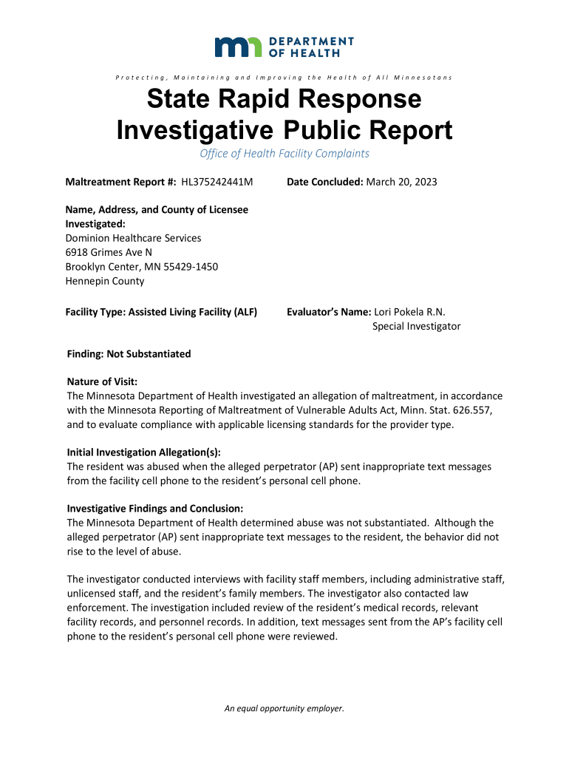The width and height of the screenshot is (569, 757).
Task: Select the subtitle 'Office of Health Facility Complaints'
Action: [x=284, y=154]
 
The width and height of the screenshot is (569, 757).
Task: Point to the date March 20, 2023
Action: [x=402, y=182]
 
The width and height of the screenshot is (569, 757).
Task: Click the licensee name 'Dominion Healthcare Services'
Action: [x=133, y=238]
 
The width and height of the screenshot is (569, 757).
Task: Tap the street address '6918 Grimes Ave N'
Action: [x=109, y=252]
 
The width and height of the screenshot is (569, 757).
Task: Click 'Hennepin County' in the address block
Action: [x=105, y=281]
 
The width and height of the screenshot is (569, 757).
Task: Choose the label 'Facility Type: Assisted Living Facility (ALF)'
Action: [x=161, y=312]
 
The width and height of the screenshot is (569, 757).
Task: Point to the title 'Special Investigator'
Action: [x=416, y=326]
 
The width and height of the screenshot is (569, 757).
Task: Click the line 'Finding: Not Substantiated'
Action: [x=129, y=354]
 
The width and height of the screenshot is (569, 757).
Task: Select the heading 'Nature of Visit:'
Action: [x=102, y=381]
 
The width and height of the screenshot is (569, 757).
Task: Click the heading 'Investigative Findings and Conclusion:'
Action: [x=155, y=509]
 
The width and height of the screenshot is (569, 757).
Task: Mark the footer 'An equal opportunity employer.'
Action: [x=284, y=708]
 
